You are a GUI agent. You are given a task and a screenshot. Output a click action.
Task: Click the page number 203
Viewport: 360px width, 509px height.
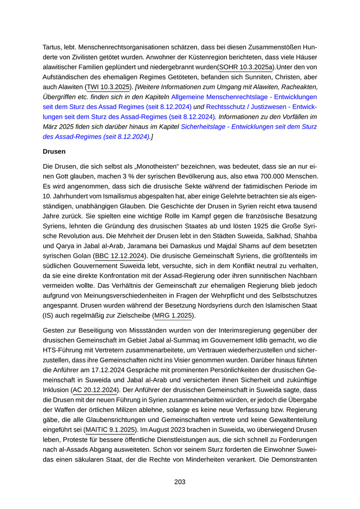point(179,482)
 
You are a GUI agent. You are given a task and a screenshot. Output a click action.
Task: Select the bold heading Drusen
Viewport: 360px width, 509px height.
point(54,153)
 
